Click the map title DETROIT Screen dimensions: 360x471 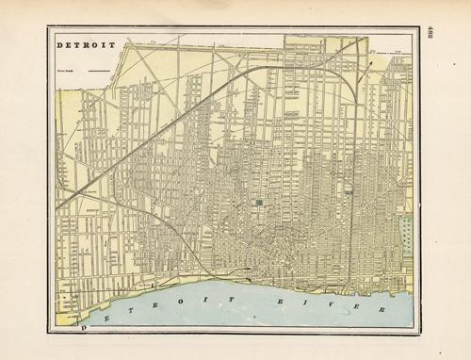[86, 44]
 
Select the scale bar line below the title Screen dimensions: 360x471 [97, 70]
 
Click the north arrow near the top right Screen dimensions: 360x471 [370, 62]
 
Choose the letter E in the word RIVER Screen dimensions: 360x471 [334, 304]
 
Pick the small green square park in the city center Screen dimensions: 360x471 [258, 202]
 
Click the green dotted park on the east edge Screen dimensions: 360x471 [407, 234]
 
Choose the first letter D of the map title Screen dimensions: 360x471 [60, 44]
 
